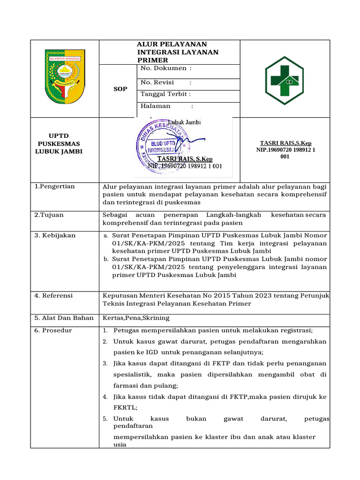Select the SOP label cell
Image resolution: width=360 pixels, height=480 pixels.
pyautogui.click(x=120, y=89)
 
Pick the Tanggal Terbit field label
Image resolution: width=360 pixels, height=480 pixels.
pyautogui.click(x=165, y=94)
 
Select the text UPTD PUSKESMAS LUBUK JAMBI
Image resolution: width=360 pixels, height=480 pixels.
pyautogui.click(x=59, y=143)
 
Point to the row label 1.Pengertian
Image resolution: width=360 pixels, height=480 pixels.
pyautogui.click(x=55, y=187)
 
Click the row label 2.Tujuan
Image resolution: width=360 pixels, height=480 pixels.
pyautogui.click(x=49, y=215)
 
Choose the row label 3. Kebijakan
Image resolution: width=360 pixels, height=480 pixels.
pyautogui.click(x=55, y=235)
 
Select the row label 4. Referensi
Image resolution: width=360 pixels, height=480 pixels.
pyautogui.click(x=54, y=296)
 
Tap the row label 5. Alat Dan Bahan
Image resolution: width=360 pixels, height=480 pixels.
pyautogui.click(x=64, y=318)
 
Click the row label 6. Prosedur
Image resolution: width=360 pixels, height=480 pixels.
pyautogui.click(x=53, y=330)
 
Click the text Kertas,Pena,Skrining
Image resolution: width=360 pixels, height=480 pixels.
pyautogui.click(x=136, y=318)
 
